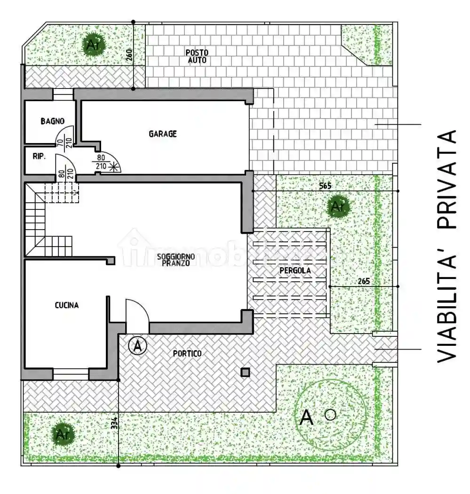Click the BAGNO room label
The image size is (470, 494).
point(52,121)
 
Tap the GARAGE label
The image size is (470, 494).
point(163,134)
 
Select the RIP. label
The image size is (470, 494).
point(39,157)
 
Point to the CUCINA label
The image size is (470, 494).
point(67,305)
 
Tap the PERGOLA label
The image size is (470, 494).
point(295,271)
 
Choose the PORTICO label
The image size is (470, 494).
point(187,353)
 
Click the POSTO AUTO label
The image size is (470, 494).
point(197,56)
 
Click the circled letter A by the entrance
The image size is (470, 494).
point(137,346)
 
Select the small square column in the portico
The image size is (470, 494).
point(245,373)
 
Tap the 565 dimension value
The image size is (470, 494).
point(325,186)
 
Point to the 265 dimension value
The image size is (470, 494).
point(363,281)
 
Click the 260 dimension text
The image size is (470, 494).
point(129,56)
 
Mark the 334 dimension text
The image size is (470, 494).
point(114,423)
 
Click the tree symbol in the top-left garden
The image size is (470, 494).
point(93,46)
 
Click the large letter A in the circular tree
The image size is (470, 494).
point(306,417)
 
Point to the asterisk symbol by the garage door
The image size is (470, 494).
point(112,166)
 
